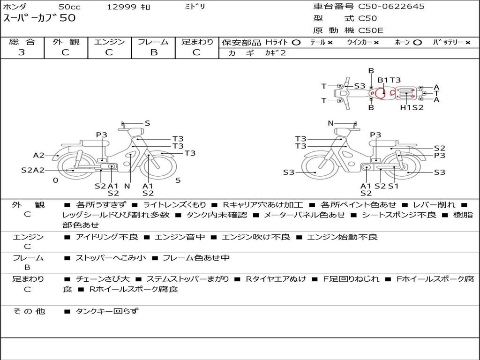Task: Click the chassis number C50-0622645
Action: pos(391,7)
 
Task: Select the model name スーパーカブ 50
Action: pos(39,18)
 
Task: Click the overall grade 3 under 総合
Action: pos(22,52)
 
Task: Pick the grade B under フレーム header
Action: pos(154,52)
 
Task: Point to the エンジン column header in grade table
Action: pos(109,42)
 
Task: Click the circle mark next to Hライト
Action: pos(296,43)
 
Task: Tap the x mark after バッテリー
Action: pos(468,43)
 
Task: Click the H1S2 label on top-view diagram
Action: pos(412,107)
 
